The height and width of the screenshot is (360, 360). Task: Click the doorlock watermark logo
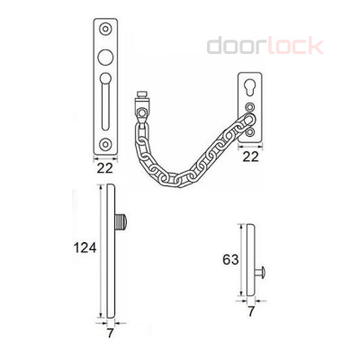(265, 46)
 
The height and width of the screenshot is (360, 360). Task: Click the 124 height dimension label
(85, 248)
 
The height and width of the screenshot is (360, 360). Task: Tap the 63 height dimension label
(230, 259)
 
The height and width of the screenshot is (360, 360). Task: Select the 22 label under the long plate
(105, 168)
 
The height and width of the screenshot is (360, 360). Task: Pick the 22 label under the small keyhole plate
(250, 157)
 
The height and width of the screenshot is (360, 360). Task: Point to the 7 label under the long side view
(111, 333)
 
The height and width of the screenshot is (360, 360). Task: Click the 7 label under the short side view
(250, 311)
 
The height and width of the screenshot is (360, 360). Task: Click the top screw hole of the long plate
(105, 29)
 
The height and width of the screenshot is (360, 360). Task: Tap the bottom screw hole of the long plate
(105, 144)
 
